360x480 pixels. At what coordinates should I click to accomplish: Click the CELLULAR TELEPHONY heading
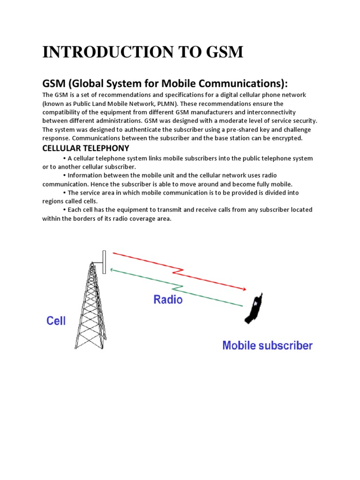[85, 148]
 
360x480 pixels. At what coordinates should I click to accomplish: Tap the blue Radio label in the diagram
[168, 299]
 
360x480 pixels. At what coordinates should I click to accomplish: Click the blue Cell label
[56, 321]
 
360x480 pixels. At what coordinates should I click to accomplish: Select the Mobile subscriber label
[267, 346]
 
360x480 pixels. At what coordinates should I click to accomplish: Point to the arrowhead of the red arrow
[244, 289]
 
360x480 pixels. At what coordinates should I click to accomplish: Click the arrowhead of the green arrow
[112, 270]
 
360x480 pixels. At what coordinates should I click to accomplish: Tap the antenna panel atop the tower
[104, 259]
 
